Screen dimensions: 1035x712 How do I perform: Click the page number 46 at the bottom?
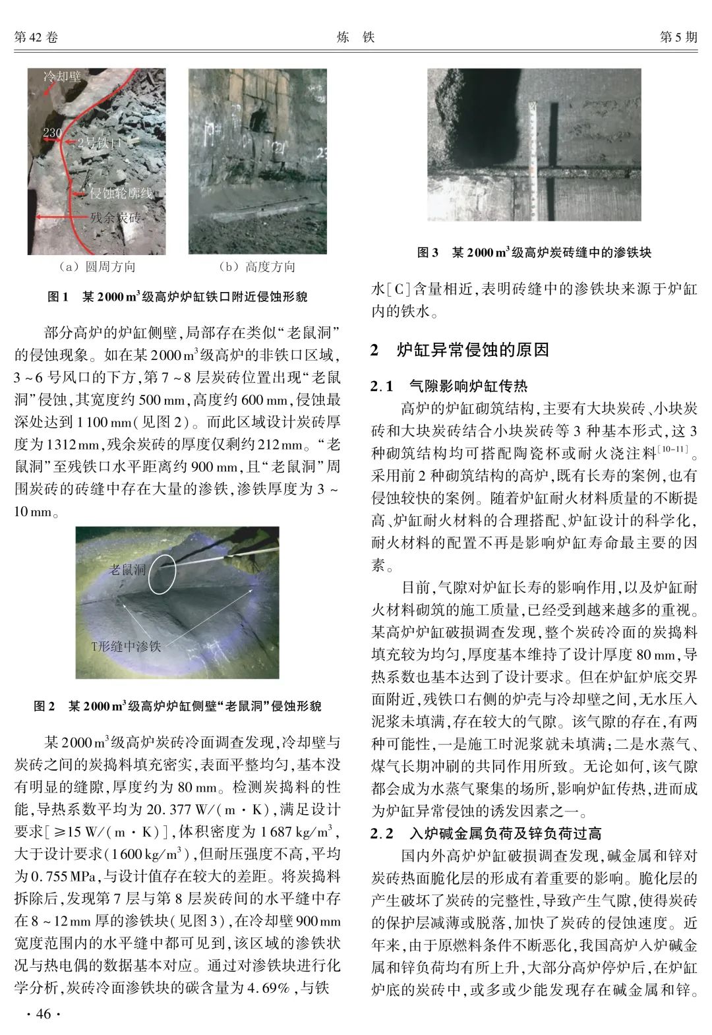point(38,1013)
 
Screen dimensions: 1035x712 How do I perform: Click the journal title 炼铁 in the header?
point(355,38)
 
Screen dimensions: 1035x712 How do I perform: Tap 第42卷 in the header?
point(36,38)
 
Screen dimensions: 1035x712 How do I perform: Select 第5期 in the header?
point(678,38)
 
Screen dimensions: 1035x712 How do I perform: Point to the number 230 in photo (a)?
point(52,133)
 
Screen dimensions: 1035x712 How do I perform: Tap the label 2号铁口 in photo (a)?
point(100,142)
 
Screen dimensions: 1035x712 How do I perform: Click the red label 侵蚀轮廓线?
point(121,193)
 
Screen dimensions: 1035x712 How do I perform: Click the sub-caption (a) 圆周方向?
point(96,266)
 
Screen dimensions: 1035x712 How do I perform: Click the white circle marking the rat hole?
point(162,573)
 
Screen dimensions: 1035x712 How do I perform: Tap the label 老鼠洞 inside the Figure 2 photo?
point(127,569)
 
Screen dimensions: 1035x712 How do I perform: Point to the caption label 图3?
point(428,252)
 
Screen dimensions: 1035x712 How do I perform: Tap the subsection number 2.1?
point(382,386)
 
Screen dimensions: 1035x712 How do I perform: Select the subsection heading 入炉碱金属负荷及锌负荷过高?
point(505,834)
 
